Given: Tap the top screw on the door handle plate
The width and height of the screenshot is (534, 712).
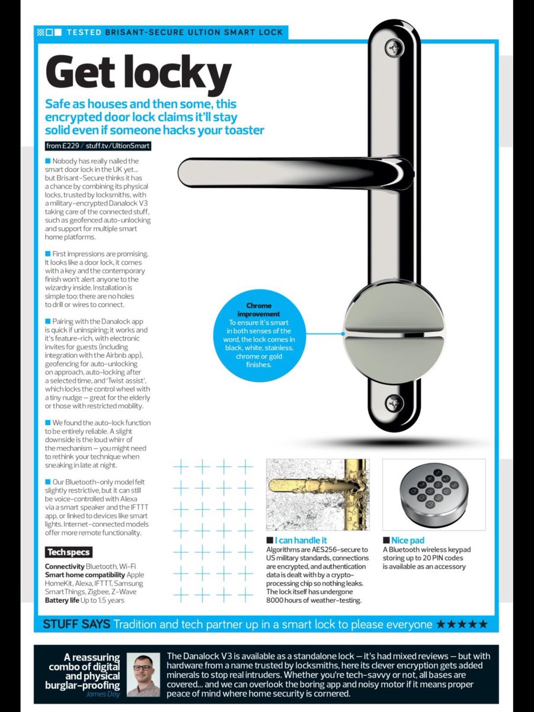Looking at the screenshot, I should pos(394,47).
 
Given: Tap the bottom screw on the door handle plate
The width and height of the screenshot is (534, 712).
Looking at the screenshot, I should pos(394,403).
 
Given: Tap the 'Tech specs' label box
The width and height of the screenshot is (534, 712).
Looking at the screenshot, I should pos(69,552).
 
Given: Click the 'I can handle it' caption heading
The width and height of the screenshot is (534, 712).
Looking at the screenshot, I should pos(300,541).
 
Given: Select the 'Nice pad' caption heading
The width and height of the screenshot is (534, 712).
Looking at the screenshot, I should pos(408,541).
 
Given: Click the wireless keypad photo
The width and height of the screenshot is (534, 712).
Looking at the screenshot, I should pos(433,494).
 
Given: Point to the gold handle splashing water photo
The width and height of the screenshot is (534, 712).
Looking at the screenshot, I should pos(317,494).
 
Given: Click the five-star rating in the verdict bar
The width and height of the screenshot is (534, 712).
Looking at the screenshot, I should pos(462,624).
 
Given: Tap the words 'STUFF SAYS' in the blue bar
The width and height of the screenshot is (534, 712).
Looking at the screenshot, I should pos(76,624).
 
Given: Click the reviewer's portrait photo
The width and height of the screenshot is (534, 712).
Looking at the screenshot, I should pos(143,674).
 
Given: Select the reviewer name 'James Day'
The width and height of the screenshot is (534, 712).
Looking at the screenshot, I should pos(103,694).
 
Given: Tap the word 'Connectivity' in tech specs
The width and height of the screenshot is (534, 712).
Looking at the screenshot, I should pos(65,567).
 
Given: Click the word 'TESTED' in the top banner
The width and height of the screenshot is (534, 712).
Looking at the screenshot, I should pos(84,31).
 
